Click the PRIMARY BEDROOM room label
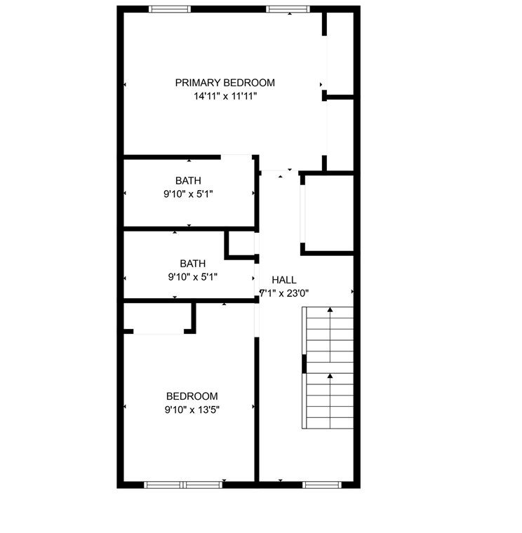pos(225,83)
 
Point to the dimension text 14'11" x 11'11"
pos(225,97)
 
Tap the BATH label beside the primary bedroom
pos(188,181)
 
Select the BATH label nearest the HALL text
pos(192,264)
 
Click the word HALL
pos(284,280)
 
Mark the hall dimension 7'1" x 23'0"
pos(284,293)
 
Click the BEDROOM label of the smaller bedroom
pos(192,396)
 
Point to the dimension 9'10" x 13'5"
pos(192,410)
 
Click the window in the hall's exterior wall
pos(321,484)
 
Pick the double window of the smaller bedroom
pos(183,484)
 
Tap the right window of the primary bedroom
pos(283,9)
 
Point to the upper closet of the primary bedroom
pos(340,53)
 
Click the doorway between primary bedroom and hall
pos(279,171)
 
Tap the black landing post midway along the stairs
pos(304,363)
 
